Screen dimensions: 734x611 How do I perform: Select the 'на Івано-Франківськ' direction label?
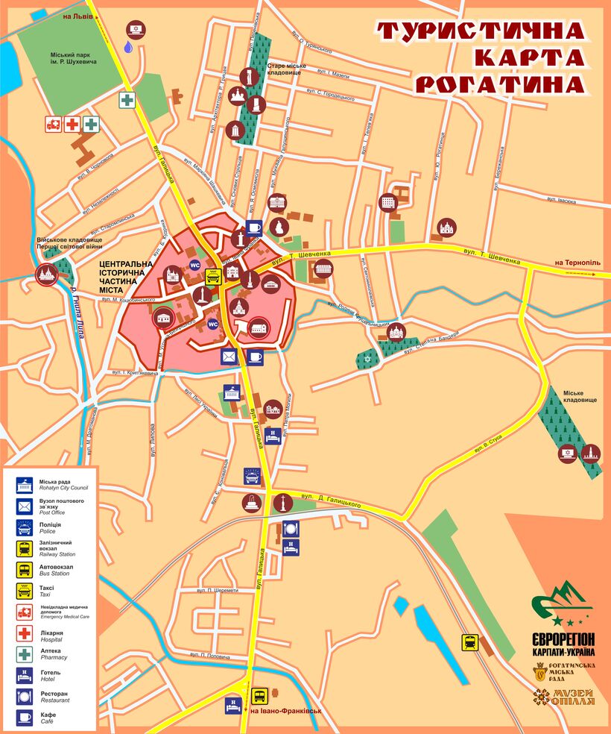(x=285, y=710)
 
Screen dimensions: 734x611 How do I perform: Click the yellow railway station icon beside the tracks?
(x=470, y=642)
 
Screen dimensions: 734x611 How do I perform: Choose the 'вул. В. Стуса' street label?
(x=488, y=445)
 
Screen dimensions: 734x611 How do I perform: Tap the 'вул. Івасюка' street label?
(x=563, y=199)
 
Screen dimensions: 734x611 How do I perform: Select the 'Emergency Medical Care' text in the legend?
(x=65, y=616)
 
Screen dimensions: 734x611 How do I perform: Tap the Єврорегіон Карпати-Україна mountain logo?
(x=563, y=604)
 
